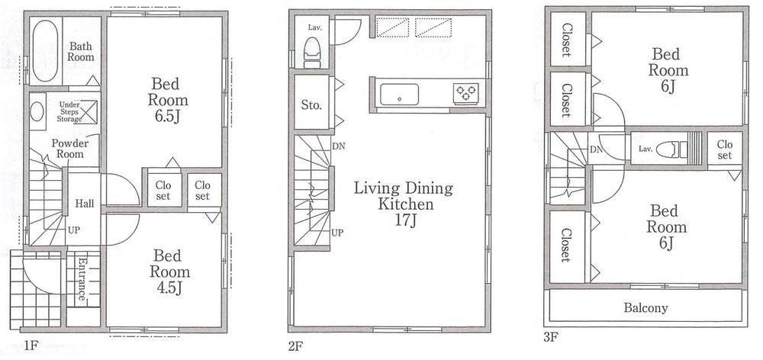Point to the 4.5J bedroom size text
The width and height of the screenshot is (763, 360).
point(169,287)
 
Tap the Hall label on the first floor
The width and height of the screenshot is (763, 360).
point(84,204)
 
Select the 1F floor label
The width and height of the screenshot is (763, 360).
point(31,346)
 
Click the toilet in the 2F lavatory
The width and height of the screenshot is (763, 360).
point(312,53)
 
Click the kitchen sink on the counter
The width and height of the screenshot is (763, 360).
point(398,94)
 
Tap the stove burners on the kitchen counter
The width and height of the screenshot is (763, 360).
point(466,93)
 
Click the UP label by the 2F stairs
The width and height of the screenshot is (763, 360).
point(336,232)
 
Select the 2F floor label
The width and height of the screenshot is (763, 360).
point(296,346)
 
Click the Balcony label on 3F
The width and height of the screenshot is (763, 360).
point(645,308)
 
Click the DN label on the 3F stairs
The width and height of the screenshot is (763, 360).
point(596,149)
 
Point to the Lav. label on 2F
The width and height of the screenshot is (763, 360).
point(314,27)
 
